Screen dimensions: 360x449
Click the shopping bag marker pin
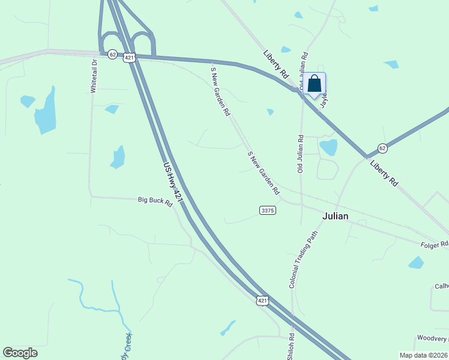coord(315,84)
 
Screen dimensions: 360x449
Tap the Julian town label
coord(336,216)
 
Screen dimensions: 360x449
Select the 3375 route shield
coord(268,210)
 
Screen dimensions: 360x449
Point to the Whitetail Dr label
coord(94,77)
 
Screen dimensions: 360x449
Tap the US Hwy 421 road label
coord(172,181)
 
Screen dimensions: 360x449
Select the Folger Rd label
coord(435,244)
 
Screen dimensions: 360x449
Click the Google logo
coord(20,353)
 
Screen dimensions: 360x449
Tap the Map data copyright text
coord(423,355)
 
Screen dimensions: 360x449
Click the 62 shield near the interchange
coord(112,54)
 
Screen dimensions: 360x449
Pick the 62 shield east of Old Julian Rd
coord(382,148)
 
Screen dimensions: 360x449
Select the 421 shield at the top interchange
coord(129,57)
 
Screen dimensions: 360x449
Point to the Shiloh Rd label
coord(292,345)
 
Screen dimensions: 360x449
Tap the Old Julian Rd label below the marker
coord(300,154)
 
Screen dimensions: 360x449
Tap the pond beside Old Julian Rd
coord(328,147)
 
